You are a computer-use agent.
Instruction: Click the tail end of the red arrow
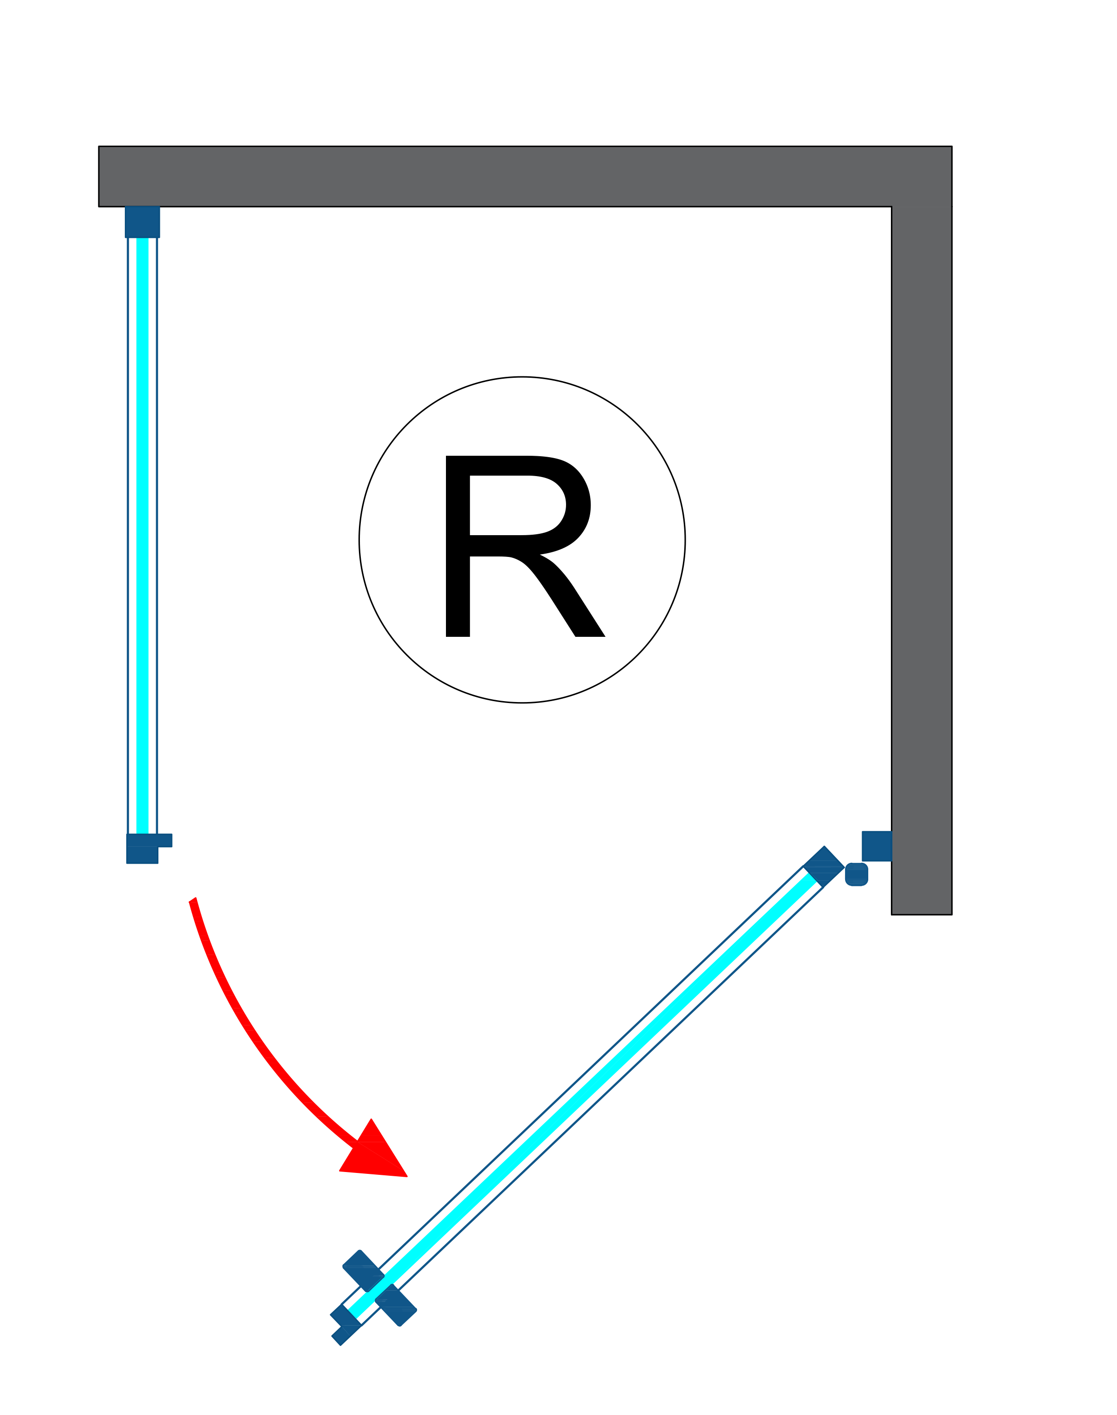coord(193,901)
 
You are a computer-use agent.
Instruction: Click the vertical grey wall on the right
coord(922,556)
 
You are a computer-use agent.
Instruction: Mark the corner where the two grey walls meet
coord(922,176)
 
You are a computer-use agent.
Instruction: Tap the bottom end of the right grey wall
coord(922,912)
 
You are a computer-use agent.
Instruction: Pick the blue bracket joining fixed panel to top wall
coord(142,222)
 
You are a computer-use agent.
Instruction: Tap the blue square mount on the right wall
coord(876,846)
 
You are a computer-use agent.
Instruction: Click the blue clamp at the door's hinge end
coord(823,867)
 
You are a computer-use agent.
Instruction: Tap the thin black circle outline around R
coord(359,540)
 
